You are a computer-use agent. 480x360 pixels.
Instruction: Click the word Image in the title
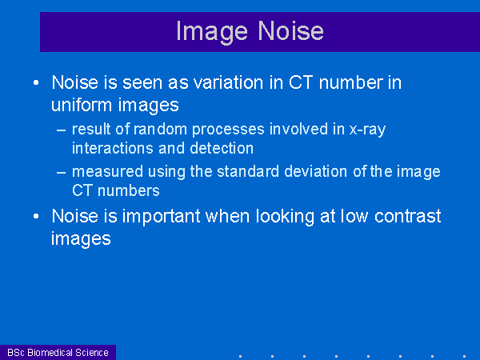point(212,32)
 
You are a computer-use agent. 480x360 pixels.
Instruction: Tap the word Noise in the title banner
point(290,30)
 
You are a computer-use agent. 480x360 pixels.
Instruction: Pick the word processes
point(228,130)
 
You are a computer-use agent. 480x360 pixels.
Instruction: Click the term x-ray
point(367,130)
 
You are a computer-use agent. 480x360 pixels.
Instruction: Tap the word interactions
point(113,149)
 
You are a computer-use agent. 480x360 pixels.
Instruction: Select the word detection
point(222,149)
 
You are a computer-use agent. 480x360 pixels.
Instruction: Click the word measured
point(107,171)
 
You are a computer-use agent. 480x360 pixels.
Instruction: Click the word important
point(161,217)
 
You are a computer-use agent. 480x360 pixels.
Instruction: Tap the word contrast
point(407,217)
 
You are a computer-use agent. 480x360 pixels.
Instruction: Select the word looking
point(285,217)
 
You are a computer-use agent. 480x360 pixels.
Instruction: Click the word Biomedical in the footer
point(49,353)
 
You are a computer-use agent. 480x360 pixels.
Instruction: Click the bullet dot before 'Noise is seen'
point(36,82)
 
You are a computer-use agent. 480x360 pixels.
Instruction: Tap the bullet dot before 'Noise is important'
point(36,217)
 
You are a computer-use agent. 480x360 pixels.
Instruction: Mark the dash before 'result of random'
point(62,130)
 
